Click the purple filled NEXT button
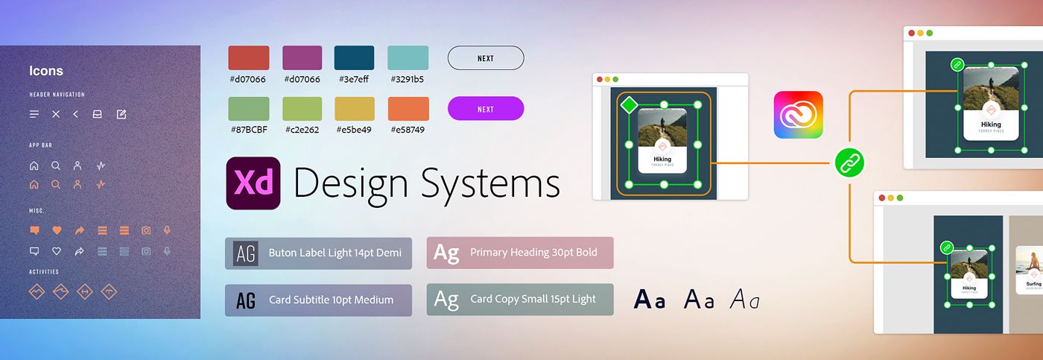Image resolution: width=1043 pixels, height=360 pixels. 486,109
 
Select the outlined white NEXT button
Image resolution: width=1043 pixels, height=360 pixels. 486,58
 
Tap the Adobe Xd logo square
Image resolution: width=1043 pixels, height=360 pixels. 253,183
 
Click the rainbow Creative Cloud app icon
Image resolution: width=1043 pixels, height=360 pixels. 798,115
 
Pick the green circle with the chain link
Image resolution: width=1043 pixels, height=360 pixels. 849,162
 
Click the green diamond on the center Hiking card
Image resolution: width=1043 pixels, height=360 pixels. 630,105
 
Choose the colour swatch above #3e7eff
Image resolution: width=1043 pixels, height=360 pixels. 355,58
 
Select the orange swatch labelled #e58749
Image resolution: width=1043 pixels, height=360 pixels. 408,109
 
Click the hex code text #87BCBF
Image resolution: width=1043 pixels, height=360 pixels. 249,130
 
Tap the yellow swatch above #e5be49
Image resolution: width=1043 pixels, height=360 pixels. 355,109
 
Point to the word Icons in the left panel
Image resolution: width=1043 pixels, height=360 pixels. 46,71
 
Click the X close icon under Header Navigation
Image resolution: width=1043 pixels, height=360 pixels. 56,114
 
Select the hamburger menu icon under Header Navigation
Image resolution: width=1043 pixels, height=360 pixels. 34,114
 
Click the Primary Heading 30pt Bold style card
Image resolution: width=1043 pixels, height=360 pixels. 520,253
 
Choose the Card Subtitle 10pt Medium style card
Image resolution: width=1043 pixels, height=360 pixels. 318,300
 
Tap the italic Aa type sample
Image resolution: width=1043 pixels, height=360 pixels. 744,300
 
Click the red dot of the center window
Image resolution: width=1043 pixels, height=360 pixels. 600,79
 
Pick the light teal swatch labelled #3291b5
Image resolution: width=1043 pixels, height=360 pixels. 408,58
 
